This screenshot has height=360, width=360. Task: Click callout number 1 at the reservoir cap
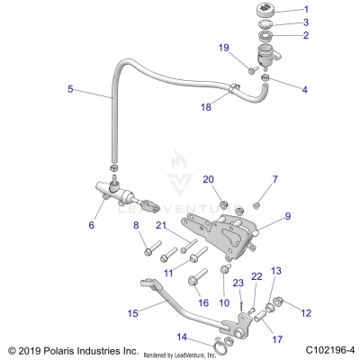[305, 10]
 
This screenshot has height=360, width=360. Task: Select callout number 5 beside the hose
[70, 89]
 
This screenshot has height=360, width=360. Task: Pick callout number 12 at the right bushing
[306, 312]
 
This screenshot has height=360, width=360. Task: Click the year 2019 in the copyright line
[30, 349]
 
